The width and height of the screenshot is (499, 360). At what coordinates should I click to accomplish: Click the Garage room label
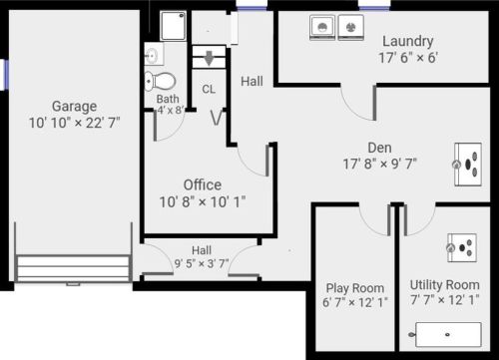(x=75, y=107)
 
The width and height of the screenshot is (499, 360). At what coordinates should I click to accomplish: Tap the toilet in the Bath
(x=160, y=81)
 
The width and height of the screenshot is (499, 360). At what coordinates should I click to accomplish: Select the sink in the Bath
(x=154, y=54)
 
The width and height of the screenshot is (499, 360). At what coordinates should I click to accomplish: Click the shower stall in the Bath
(x=173, y=26)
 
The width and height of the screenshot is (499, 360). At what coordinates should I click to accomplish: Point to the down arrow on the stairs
(x=209, y=58)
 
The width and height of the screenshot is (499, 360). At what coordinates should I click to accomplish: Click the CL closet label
(x=209, y=89)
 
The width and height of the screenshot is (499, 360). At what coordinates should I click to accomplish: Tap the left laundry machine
(x=322, y=28)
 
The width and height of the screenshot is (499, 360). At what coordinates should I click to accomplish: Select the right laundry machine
(x=351, y=28)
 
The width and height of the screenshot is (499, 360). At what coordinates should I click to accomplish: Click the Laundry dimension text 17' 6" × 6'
(x=408, y=58)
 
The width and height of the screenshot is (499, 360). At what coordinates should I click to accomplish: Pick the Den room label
(x=379, y=148)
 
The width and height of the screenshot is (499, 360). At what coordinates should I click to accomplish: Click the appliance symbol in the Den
(x=468, y=165)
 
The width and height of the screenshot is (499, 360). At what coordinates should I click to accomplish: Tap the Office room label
(x=203, y=185)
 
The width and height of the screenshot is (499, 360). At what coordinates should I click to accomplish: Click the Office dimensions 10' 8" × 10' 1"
(x=203, y=202)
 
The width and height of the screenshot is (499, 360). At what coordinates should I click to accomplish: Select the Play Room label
(x=355, y=288)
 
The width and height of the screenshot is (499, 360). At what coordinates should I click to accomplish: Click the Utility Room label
(x=445, y=285)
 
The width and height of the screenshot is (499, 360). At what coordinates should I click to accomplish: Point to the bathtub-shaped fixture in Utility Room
(x=448, y=334)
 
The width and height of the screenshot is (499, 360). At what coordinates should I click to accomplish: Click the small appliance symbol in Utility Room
(x=462, y=247)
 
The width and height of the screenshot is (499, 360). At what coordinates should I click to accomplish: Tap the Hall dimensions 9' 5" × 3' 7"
(x=202, y=264)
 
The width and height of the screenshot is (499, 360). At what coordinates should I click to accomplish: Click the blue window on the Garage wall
(x=6, y=75)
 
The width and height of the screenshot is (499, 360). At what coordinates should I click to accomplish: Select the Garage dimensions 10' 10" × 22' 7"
(x=75, y=123)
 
